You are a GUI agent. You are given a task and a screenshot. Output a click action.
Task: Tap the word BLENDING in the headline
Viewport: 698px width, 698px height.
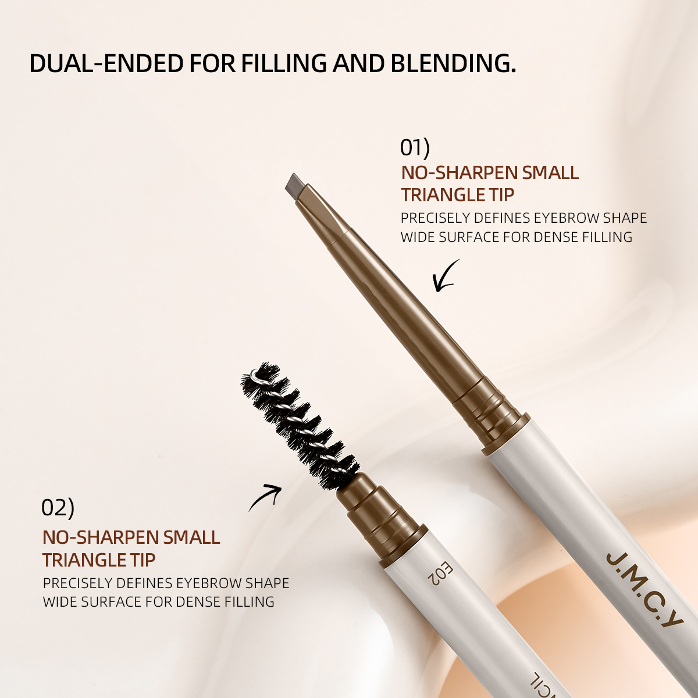[x=454, y=63]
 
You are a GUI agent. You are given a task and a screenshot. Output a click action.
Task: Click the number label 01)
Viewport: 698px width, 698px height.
[x=415, y=148]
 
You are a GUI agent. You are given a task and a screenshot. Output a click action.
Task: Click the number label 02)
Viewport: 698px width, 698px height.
[x=58, y=507]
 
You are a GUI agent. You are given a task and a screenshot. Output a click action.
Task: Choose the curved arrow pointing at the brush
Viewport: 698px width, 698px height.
[x=265, y=498]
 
